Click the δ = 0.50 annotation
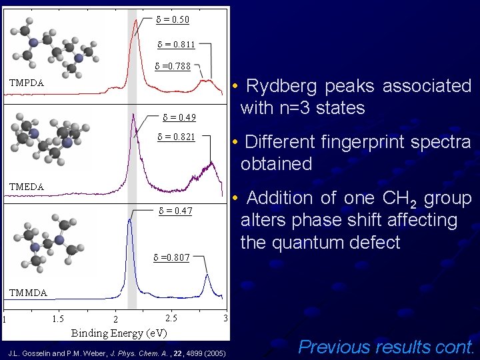coord(172,19)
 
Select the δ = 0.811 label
coord(176,45)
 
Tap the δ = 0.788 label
coord(173,66)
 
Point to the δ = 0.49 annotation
coord(179,118)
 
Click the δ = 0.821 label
coord(176,137)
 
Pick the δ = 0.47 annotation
coord(175,211)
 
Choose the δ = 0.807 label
coord(172,257)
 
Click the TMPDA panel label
coord(27,83)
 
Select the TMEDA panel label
coord(27,187)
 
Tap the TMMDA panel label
coord(28,293)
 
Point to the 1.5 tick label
coord(58,319)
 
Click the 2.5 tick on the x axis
coord(171,319)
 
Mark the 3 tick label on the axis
coord(225,319)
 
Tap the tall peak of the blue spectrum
coord(130,220)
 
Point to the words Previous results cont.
coord(386,347)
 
